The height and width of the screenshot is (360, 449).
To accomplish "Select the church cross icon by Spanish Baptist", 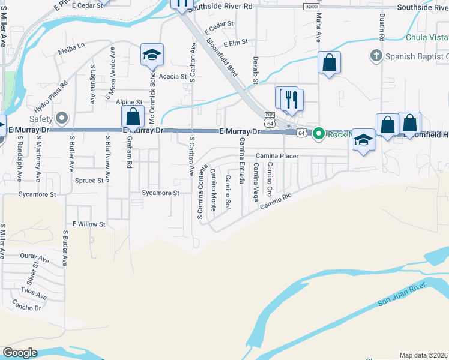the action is tap(376, 56).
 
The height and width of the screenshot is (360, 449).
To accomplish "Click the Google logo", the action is tap(20, 353).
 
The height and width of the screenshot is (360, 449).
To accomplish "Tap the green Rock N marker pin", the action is tap(319, 133).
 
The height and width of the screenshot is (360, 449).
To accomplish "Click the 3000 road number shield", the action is tap(311, 6).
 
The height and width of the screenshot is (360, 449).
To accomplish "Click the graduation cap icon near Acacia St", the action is tap(152, 55).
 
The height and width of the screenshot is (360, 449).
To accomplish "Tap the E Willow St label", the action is tap(89, 224).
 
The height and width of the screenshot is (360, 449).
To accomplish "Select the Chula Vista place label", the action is tap(427, 37).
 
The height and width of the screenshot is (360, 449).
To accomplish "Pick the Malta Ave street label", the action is tap(318, 29).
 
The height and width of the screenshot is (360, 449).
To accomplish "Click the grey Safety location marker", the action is tap(61, 117).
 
